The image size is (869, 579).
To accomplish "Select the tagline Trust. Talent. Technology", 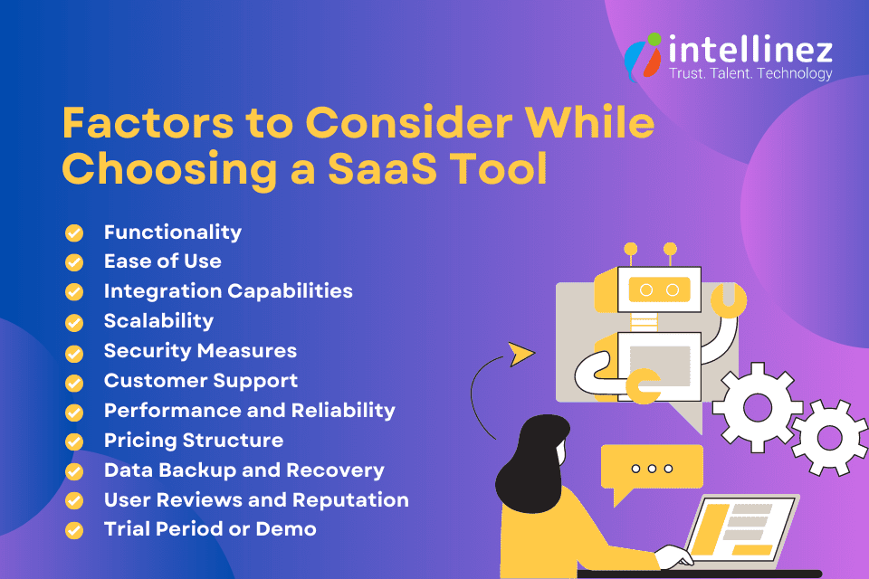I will [x=750, y=73].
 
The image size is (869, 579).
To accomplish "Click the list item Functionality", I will [x=173, y=233].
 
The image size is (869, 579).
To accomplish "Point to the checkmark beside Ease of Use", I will [x=74, y=262].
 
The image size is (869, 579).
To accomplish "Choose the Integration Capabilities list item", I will [x=228, y=291].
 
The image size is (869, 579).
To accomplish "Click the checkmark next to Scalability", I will [x=74, y=322].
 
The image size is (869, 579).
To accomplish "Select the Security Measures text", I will [x=200, y=351].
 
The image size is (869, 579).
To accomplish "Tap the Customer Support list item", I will [x=201, y=381].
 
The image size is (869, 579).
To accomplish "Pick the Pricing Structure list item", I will [x=194, y=441].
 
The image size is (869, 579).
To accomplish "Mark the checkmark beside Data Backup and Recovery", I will [x=74, y=471].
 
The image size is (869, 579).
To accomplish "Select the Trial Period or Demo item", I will [x=210, y=529].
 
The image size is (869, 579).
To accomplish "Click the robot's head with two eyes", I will [x=647, y=289].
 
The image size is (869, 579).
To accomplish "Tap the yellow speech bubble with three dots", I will [x=652, y=469].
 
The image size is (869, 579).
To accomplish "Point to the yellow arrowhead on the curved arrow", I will [x=520, y=353].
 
